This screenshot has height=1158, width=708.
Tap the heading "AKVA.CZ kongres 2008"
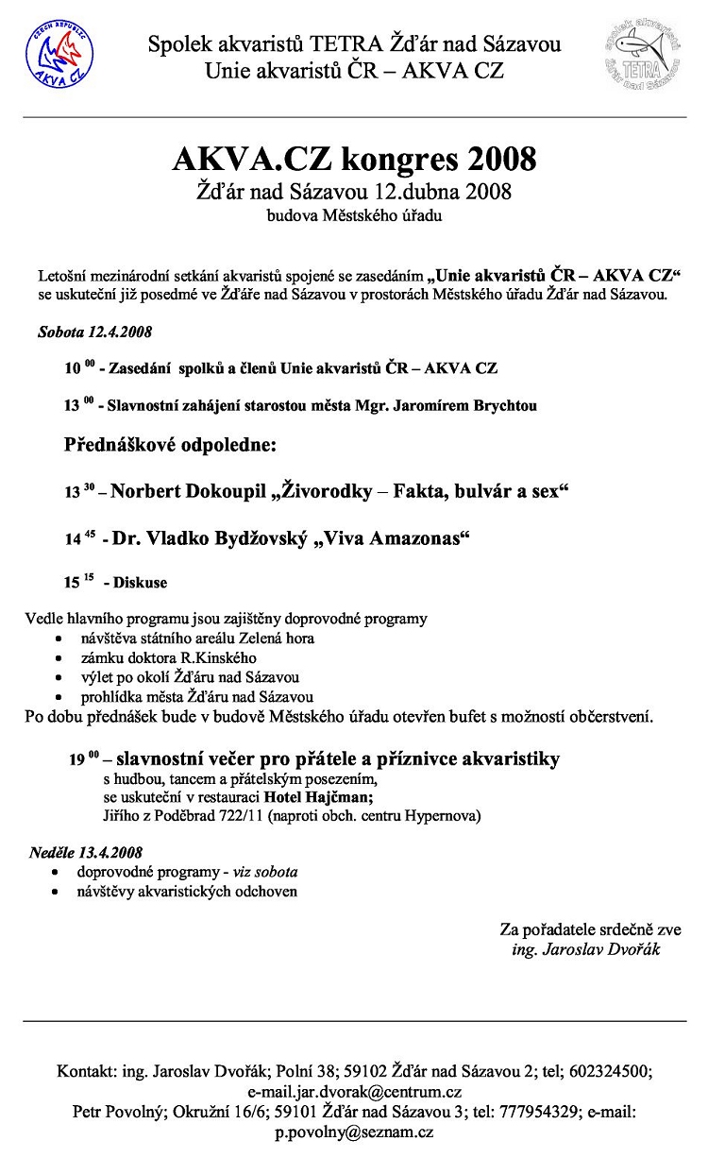(354, 159)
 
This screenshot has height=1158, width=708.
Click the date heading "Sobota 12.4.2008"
(94, 332)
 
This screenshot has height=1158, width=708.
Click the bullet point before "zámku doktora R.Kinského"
(60, 658)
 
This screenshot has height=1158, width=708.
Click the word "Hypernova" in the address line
(443, 815)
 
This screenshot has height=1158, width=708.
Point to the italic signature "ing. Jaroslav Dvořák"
(586, 949)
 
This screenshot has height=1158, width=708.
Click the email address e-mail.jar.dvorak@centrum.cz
(354, 1092)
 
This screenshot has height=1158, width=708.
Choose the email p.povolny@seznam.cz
(354, 1132)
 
